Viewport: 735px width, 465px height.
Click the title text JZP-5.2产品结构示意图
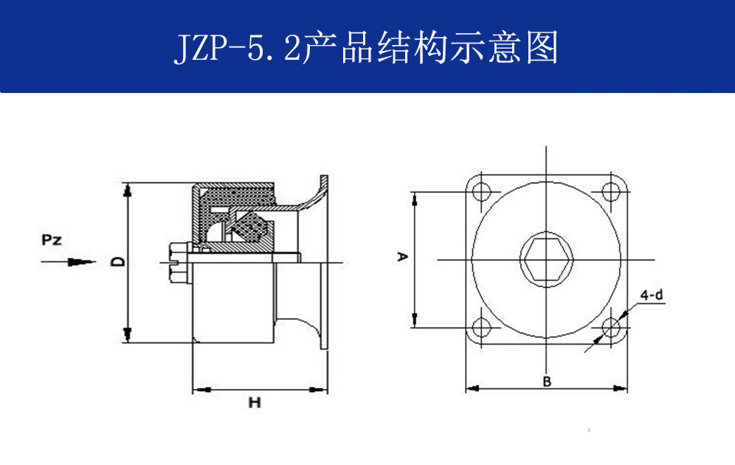point(366,46)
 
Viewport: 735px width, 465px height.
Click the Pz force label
point(52,240)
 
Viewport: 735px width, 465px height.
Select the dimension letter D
point(116,261)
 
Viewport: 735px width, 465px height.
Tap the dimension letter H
point(255,403)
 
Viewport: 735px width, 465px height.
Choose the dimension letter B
point(547,382)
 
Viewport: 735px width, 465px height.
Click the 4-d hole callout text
point(652,295)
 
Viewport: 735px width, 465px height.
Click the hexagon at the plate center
point(546,260)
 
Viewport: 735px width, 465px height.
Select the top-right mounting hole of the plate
point(610,190)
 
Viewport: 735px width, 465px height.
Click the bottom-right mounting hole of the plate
point(610,327)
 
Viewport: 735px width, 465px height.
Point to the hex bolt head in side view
point(177,263)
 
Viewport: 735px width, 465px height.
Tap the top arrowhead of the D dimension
point(128,189)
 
